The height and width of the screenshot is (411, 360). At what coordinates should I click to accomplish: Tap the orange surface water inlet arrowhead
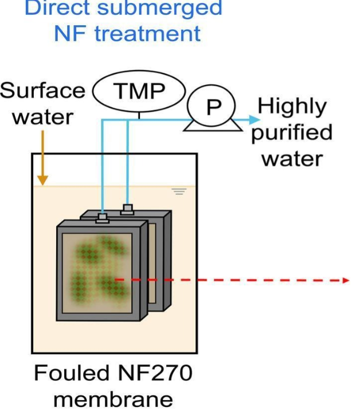point(42,181)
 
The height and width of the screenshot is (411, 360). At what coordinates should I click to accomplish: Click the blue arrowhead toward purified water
point(254,120)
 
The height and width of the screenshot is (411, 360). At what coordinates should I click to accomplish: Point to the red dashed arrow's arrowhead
point(346,280)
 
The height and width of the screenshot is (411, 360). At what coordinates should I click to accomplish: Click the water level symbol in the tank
point(179,191)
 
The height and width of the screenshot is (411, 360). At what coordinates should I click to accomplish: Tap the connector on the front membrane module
point(102,218)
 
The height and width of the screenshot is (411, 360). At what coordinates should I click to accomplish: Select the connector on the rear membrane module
point(127,210)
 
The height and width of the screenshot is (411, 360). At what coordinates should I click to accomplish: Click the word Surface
point(42,91)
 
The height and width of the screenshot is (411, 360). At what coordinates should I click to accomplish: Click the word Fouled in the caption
point(71,373)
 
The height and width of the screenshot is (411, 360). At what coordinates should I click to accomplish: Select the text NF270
point(155,373)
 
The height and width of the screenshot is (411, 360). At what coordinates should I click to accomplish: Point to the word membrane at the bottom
point(113,400)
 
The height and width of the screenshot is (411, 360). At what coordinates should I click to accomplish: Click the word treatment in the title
point(147,34)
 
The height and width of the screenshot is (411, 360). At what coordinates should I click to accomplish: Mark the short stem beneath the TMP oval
point(139,116)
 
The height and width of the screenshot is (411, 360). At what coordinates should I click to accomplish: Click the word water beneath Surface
point(43,118)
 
